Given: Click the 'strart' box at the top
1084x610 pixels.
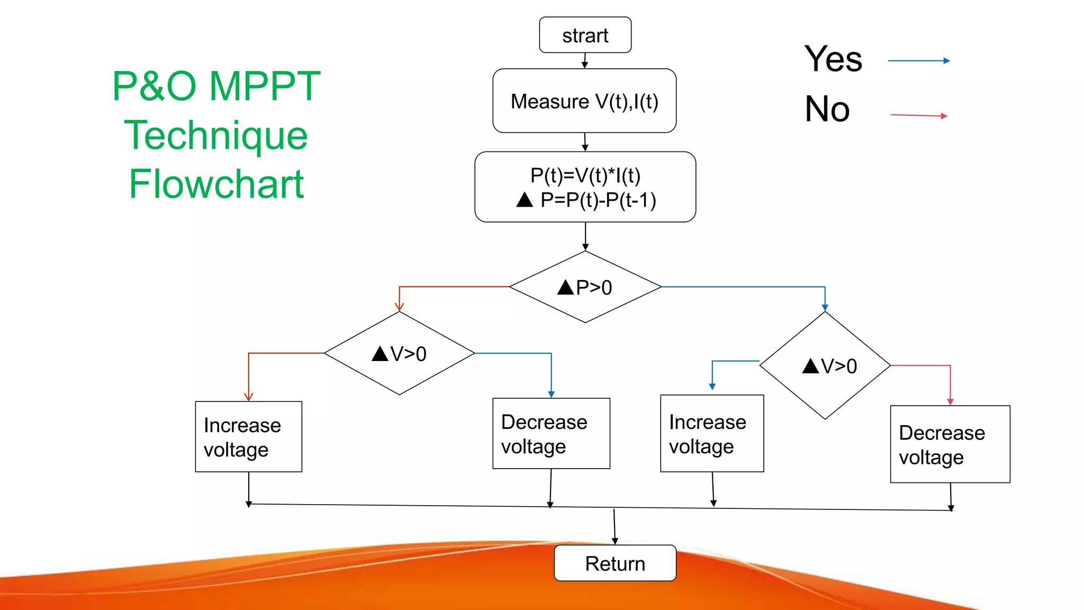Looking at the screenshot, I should (x=585, y=35).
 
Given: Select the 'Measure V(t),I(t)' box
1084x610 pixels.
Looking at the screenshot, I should (x=584, y=101).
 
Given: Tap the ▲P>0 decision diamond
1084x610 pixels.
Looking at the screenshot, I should (x=585, y=287).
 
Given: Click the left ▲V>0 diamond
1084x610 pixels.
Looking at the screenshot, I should (x=399, y=353).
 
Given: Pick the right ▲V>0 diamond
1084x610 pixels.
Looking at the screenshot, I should (x=825, y=365).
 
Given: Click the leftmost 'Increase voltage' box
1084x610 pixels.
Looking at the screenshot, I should (x=248, y=436).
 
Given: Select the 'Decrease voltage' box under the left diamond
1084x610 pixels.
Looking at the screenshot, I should (x=551, y=433).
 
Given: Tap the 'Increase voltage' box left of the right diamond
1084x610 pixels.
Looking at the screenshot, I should (x=712, y=433).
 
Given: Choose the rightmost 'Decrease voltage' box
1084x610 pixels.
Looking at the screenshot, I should (x=950, y=444).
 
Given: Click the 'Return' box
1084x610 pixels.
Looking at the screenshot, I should (x=615, y=563).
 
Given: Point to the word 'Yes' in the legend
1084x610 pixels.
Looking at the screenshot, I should (x=833, y=59).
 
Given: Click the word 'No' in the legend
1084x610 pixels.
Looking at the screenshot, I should (x=827, y=109).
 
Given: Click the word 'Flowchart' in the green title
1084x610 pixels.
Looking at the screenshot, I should (x=216, y=184).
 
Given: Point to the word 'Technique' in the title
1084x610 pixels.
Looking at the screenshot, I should (x=216, y=135).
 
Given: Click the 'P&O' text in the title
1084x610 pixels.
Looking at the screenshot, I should (x=154, y=86).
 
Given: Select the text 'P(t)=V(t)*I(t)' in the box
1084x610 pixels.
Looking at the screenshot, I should (x=585, y=175).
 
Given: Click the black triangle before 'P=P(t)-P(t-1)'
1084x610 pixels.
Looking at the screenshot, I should (x=525, y=200).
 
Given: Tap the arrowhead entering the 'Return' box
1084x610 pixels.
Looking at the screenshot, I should (x=615, y=541).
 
